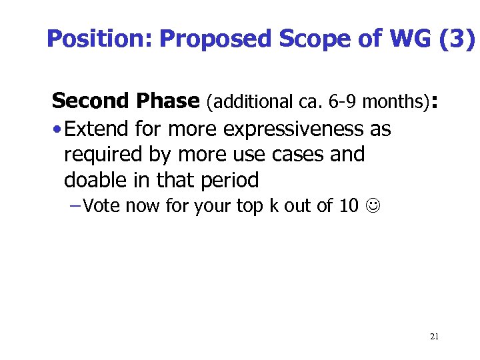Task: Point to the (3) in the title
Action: pos(458,39)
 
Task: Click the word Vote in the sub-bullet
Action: pos(102,206)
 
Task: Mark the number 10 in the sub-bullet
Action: pos(349,206)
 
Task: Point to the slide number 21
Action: pos(434,336)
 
